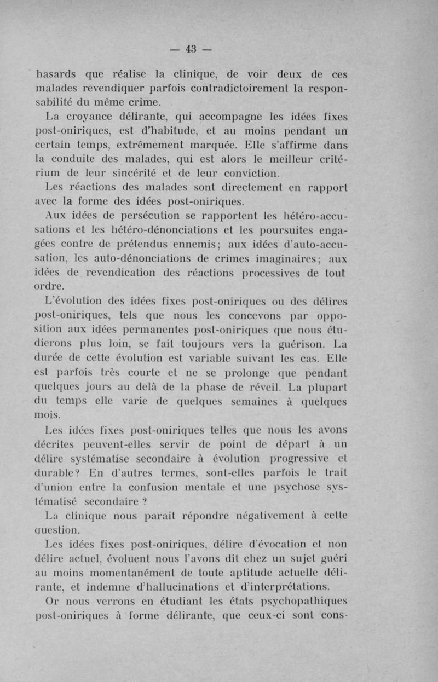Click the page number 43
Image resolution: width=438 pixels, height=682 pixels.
pos(191,48)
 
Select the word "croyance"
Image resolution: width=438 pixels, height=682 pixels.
pos(89,117)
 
